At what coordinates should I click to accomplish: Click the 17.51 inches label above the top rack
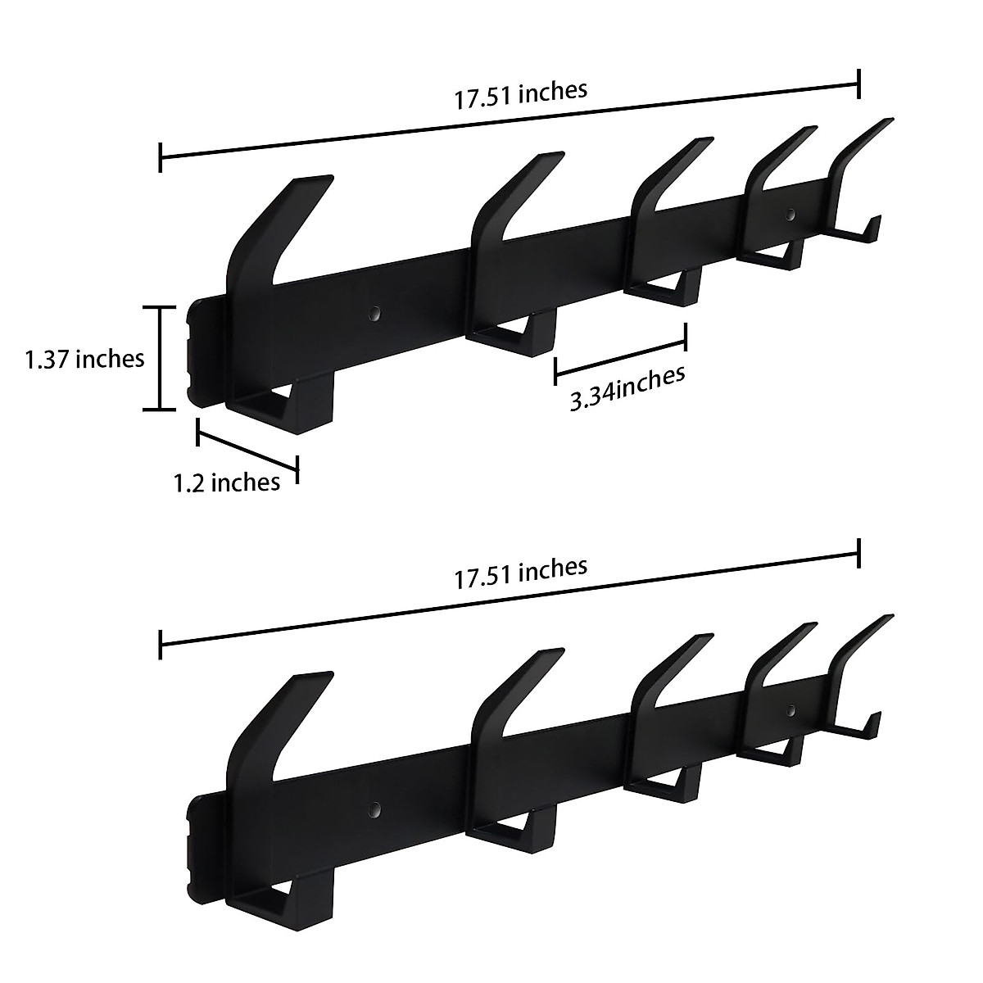[x=521, y=93]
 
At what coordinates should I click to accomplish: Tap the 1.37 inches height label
[x=85, y=359]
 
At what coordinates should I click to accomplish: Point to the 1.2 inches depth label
[x=227, y=482]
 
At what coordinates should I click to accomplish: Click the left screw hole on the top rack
[x=374, y=312]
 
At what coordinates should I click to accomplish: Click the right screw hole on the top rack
[x=790, y=215]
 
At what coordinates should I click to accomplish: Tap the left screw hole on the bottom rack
[x=374, y=809]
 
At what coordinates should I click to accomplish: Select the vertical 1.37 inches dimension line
[x=161, y=358]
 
